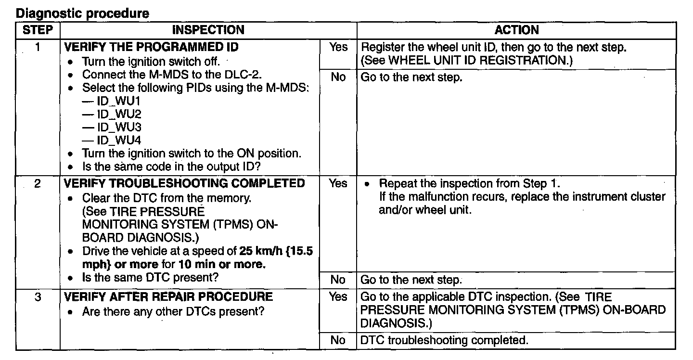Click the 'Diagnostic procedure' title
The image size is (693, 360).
coord(83,13)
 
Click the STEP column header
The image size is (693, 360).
coord(38,30)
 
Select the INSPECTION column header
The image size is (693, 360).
coord(208,30)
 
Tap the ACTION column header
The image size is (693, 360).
coord(517,30)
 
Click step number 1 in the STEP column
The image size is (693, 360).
coord(38,48)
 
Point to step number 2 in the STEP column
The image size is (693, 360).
coord(38,184)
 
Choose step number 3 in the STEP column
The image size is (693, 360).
coord(38,297)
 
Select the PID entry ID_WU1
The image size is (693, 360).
coord(113,102)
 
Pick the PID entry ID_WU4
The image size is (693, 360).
coord(113,141)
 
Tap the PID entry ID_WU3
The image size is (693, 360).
coord(113,128)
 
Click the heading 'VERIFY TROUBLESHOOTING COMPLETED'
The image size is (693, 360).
coord(184,184)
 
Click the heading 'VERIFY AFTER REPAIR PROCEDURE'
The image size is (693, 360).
coord(168,297)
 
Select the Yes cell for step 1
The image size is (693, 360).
coord(338,48)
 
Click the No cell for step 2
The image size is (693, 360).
coord(338,280)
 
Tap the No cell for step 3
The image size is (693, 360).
coord(338,340)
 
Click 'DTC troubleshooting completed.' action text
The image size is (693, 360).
coord(444,340)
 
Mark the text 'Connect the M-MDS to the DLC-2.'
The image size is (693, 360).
coord(169,75)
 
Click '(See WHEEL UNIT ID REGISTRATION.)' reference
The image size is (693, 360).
coord(466,61)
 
